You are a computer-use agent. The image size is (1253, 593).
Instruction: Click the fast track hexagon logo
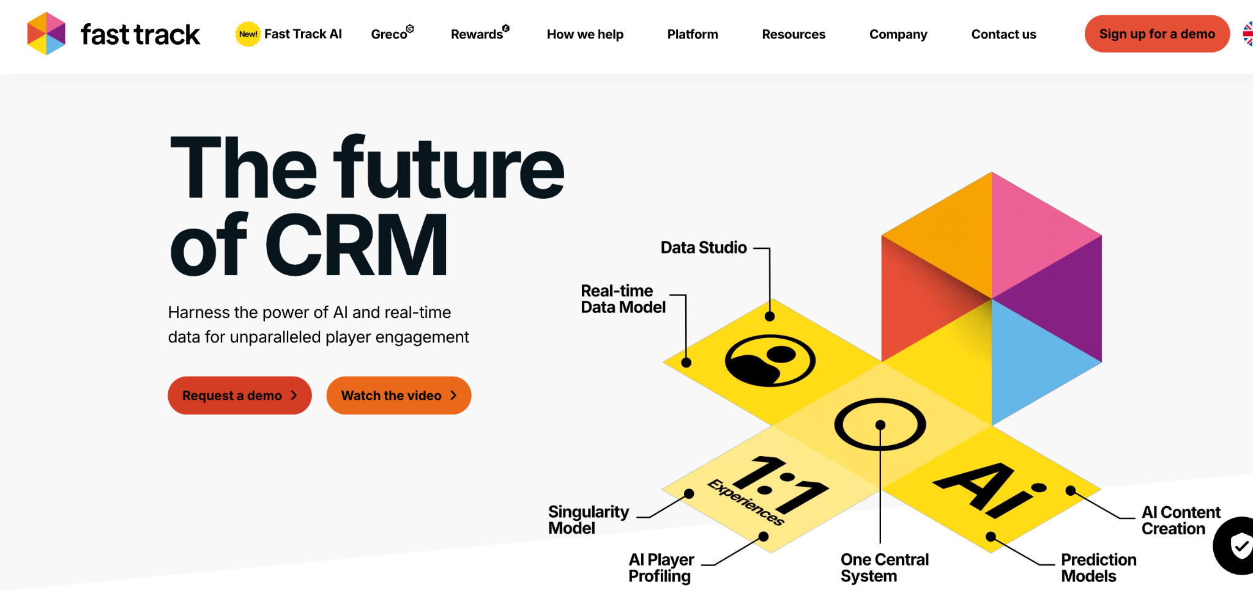[x=46, y=34]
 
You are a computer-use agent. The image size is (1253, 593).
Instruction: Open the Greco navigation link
[x=390, y=34]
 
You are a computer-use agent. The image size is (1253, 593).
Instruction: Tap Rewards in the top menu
[x=477, y=34]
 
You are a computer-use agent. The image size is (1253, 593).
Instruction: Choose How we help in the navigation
[x=585, y=34]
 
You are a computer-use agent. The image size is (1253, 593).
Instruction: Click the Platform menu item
[x=693, y=34]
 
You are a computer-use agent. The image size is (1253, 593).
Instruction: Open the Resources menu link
[x=794, y=34]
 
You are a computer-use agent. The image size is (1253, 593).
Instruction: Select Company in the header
[x=898, y=34]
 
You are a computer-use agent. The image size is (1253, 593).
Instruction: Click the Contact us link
[x=1003, y=34]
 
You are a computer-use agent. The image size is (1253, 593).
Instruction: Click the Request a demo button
[x=239, y=396]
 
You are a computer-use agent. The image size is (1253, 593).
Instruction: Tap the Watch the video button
[x=398, y=396]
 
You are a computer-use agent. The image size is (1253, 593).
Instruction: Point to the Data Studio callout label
[x=704, y=248]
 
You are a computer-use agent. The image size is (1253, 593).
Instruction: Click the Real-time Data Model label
[x=623, y=299]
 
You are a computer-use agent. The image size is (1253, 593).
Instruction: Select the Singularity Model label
[x=588, y=520]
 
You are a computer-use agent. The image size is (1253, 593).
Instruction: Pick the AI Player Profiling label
[x=661, y=568]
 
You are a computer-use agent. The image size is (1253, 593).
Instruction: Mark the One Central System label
[x=884, y=568]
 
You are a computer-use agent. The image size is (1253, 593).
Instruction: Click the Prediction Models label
[x=1098, y=568]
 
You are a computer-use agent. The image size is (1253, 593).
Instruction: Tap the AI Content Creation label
[x=1180, y=520]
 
